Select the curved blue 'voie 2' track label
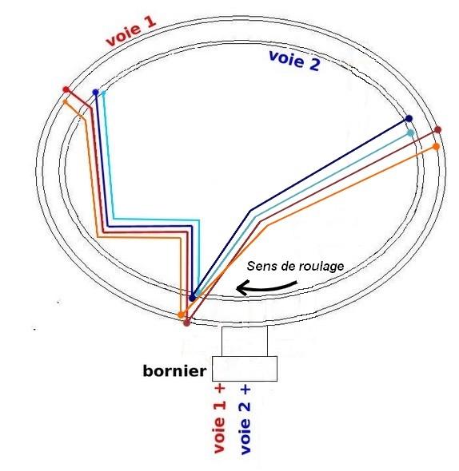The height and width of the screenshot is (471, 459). point(294,61)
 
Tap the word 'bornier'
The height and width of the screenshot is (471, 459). point(174,370)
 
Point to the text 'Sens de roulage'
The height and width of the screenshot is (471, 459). point(295,266)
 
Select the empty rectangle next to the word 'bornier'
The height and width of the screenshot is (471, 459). point(245,369)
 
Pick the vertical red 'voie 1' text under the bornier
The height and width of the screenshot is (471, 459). point(220,427)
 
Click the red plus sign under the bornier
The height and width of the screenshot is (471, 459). point(220,388)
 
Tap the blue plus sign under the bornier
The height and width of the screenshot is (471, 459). point(245,389)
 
